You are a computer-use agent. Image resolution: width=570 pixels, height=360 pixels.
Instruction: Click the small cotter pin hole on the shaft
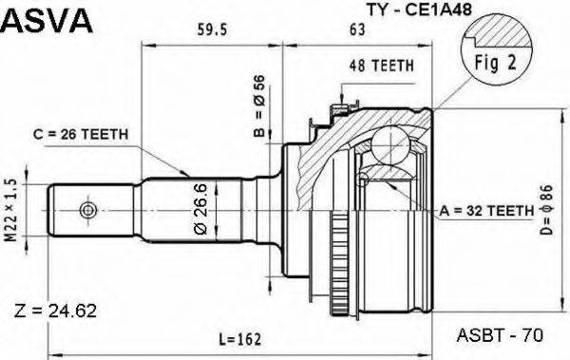pos(88,209)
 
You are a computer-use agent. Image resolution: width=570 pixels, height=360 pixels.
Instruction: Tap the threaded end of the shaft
pos(71,209)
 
